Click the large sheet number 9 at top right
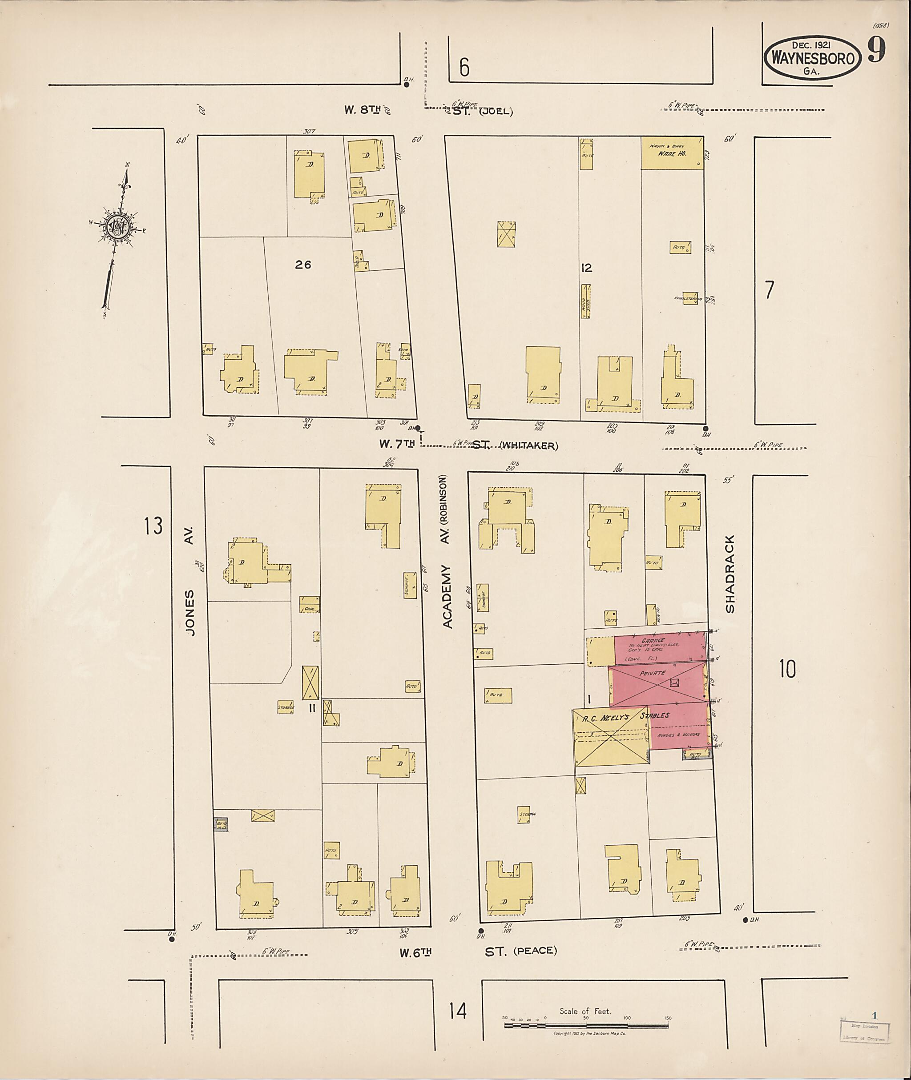(x=876, y=51)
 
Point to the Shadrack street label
(x=729, y=574)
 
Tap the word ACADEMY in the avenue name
(x=447, y=597)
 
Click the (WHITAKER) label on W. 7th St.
(x=529, y=446)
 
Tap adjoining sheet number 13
(x=153, y=526)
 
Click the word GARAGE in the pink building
(x=653, y=640)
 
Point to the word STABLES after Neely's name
(x=654, y=715)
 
